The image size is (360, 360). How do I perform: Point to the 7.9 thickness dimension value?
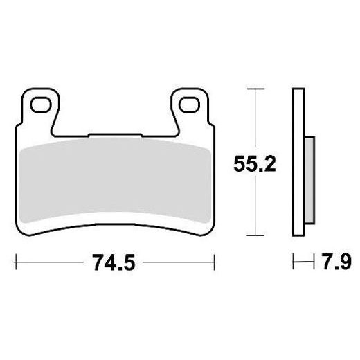337,263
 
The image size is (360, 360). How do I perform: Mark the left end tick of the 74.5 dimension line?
16,263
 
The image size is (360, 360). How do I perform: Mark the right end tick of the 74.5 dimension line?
213,263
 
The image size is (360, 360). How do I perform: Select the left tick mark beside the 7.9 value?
294,263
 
